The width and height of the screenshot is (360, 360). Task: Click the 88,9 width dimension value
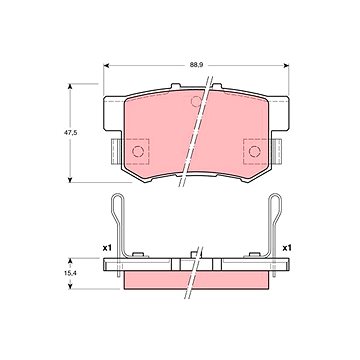point(196,65)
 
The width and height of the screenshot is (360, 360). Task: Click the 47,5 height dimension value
point(70,132)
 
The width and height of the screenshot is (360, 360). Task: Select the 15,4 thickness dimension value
point(70,273)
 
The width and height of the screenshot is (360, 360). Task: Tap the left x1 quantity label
point(107,248)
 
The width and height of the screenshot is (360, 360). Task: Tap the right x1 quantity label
point(287,248)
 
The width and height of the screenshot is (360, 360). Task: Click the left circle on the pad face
point(138,151)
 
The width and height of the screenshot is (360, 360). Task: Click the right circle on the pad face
point(254,151)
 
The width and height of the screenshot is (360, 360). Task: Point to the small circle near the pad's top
point(196,101)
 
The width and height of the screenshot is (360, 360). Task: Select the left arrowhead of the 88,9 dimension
point(106,66)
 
